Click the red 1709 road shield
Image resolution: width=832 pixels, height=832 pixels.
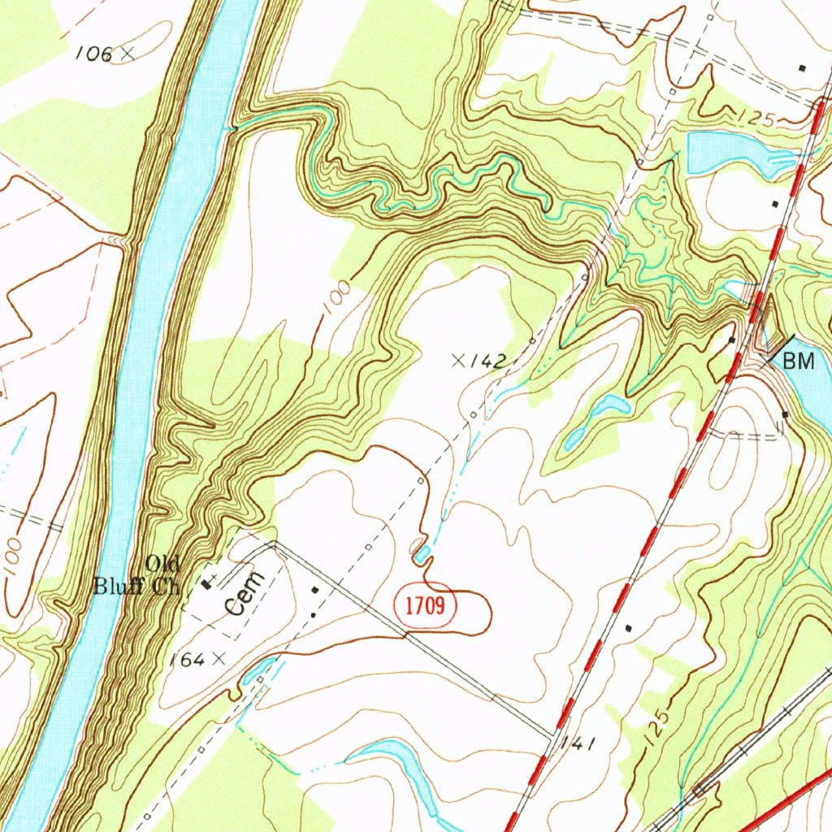click(427, 606)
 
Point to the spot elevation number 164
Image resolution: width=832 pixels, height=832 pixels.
click(186, 659)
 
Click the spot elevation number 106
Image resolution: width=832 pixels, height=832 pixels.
click(93, 54)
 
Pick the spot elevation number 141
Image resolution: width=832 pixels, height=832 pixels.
click(582, 743)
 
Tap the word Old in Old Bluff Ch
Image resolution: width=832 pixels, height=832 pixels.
click(162, 563)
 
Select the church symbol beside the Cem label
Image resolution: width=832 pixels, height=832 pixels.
click(209, 582)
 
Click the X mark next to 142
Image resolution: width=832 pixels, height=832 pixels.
click(459, 360)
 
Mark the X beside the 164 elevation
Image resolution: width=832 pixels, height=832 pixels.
click(218, 659)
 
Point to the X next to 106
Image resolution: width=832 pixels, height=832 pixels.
click(127, 54)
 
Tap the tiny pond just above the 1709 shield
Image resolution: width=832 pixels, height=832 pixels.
click(422, 556)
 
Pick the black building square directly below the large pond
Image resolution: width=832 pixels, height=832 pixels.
click(774, 204)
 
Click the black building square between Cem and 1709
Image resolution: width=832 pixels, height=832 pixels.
click(316, 589)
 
